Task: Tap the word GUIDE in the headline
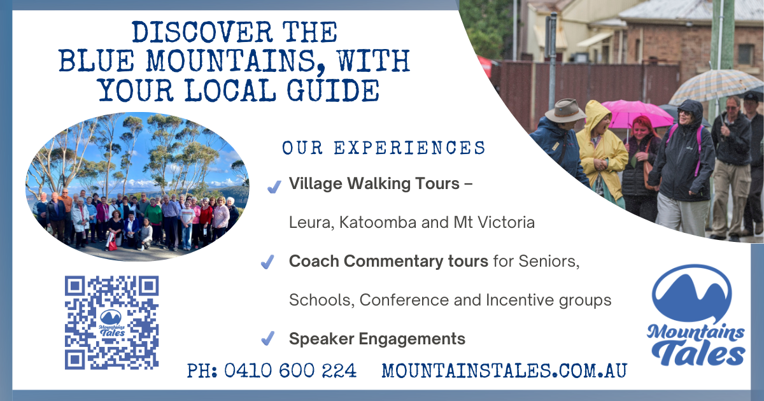333,90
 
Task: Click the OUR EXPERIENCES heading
384,148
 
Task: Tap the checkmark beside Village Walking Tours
274,186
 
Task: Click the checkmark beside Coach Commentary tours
267,262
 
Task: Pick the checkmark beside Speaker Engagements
268,338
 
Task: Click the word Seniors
549,262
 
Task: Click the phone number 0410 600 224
290,370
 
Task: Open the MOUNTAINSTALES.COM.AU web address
504,370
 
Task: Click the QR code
112,323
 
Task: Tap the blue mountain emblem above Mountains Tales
691,294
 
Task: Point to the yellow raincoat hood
597,116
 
